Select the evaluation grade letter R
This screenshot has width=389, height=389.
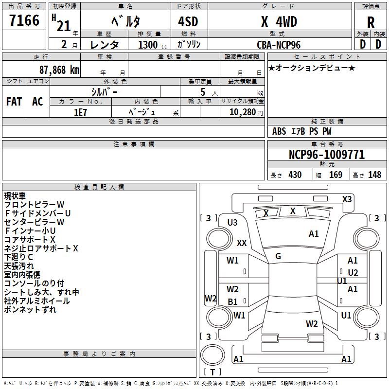[371, 22]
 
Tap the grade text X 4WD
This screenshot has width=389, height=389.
[279, 21]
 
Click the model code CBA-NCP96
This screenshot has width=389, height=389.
[279, 45]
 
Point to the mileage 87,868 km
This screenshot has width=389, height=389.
[59, 70]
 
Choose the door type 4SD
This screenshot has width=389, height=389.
[188, 21]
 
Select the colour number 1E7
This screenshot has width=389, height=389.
[81, 111]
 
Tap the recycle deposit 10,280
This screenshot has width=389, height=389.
[242, 112]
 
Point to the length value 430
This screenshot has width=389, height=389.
[295, 175]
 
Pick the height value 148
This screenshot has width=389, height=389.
[374, 175]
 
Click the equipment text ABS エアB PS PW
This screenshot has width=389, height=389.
[302, 131]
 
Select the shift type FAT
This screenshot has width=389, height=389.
[14, 102]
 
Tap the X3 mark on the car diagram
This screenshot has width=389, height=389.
[347, 199]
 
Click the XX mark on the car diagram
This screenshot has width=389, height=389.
[242, 243]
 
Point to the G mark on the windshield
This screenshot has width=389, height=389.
[278, 256]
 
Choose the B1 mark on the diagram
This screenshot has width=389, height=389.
[233, 302]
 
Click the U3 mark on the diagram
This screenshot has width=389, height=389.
[232, 223]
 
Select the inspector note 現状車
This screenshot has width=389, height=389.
[16, 196]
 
